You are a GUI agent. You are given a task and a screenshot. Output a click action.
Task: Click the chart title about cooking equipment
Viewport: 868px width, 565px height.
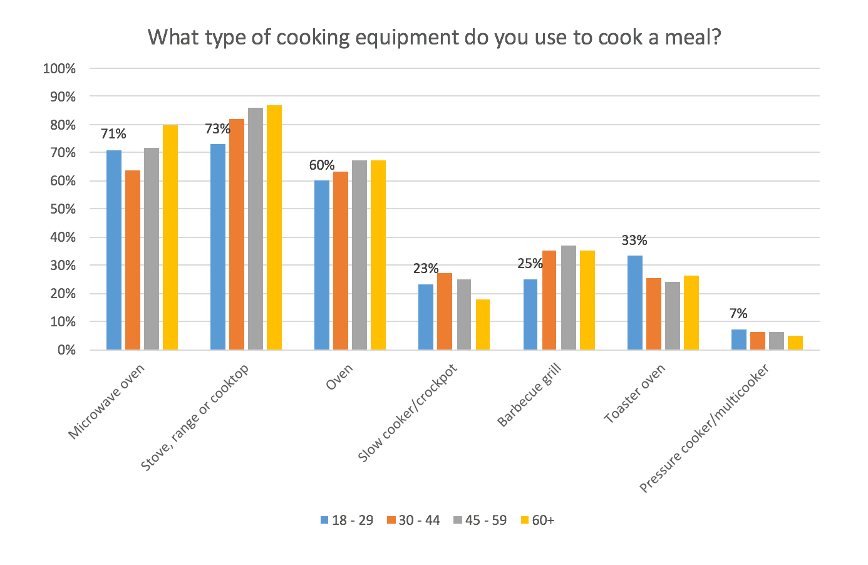[x=434, y=38]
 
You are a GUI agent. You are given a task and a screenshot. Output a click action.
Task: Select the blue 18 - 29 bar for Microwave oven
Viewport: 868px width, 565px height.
[x=114, y=250]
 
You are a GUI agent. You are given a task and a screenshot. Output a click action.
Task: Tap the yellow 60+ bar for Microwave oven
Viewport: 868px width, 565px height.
[x=170, y=237]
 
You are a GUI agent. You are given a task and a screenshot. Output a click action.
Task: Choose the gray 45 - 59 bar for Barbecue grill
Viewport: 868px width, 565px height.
[x=569, y=298]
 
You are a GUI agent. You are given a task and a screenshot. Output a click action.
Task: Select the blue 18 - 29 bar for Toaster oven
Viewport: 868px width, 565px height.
[x=635, y=303]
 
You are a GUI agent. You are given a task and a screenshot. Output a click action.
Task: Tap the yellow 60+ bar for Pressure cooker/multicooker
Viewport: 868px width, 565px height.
[x=795, y=343]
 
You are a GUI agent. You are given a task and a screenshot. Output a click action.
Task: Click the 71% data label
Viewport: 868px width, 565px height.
[x=113, y=134]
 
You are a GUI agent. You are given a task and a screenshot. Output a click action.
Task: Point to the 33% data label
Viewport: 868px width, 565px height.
[x=634, y=241]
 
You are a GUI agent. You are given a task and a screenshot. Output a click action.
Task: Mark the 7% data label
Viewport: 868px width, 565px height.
[x=738, y=314]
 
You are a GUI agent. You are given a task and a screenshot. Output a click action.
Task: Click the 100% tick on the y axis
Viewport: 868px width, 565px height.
[x=59, y=69]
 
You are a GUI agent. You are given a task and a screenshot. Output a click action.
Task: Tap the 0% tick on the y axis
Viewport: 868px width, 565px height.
[x=66, y=350]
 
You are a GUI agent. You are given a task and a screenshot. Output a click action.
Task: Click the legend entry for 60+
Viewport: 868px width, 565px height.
[x=537, y=520]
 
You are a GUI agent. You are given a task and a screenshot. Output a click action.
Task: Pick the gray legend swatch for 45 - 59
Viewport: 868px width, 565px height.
[x=458, y=520]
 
